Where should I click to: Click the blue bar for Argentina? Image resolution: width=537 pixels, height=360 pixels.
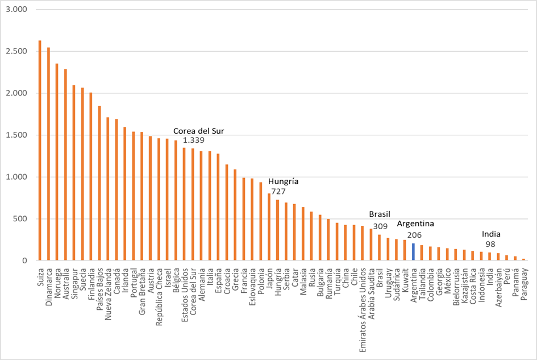413,252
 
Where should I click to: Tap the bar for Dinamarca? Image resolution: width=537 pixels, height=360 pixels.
48,154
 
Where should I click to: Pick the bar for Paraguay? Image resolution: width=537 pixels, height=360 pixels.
523,259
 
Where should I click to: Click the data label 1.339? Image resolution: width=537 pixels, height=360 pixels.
193,140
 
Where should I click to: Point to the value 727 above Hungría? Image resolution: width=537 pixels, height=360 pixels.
278,191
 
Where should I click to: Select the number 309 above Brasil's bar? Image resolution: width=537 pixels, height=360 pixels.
380,226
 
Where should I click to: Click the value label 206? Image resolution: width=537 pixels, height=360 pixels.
414,234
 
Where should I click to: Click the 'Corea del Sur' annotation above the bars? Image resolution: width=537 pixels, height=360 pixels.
198,131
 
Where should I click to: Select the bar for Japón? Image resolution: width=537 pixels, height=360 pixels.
269,227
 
